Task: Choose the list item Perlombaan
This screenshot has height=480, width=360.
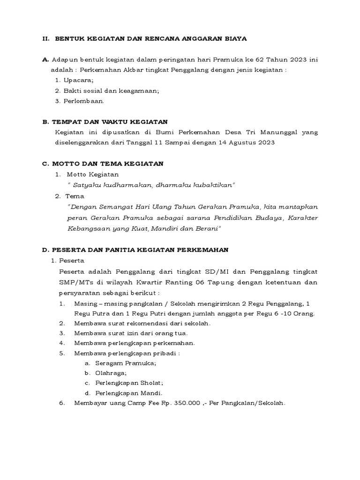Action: coord(84,101)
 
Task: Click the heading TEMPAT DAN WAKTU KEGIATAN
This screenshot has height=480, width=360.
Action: coord(111,122)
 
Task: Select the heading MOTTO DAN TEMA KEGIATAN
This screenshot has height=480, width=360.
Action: coord(109,164)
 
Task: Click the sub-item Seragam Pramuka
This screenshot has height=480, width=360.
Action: coord(126,363)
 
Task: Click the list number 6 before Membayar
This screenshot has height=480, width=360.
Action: coord(61,403)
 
